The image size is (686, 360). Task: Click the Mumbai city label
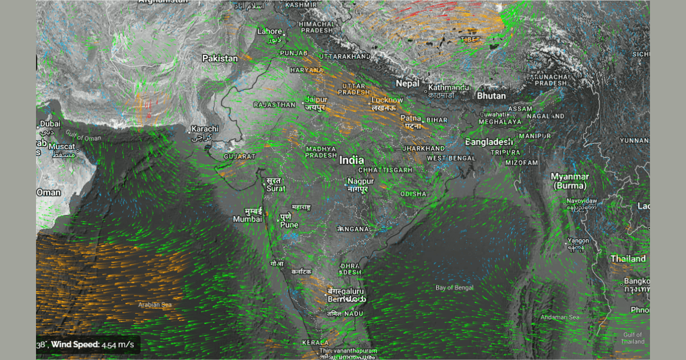[x=247, y=219]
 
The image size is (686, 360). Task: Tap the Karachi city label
[x=205, y=129]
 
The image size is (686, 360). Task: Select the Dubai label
[x=50, y=124]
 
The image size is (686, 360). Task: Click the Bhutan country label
[x=491, y=96]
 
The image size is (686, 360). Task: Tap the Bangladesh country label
[x=489, y=142]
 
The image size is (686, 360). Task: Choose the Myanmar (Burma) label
[x=569, y=181]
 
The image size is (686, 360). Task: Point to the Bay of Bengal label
[x=454, y=287]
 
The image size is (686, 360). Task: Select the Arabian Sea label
[x=155, y=305]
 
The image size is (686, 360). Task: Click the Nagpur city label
[x=361, y=182]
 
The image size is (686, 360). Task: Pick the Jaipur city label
[x=316, y=99]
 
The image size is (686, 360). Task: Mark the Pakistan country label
[x=220, y=58]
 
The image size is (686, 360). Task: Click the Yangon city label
[x=577, y=241]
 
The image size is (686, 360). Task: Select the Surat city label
[x=276, y=188]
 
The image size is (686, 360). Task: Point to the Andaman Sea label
[x=560, y=317]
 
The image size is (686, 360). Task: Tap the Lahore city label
[x=270, y=31]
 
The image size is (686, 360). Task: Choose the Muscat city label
[x=62, y=147]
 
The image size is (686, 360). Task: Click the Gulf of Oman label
[x=83, y=137]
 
